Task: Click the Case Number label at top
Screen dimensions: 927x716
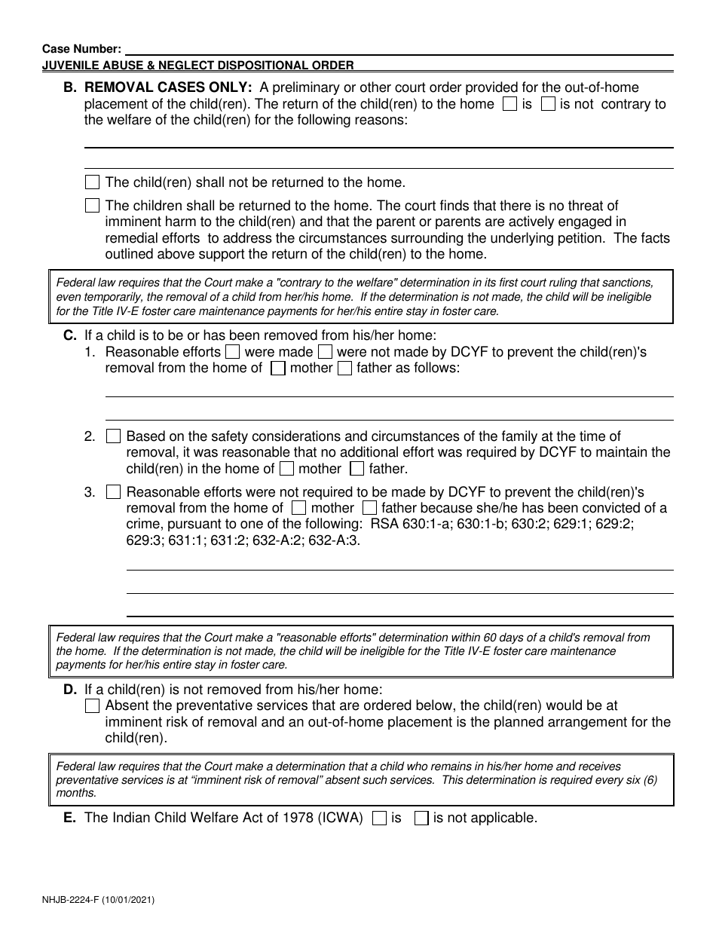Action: [x=81, y=49]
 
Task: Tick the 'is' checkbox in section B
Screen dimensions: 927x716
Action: [x=509, y=104]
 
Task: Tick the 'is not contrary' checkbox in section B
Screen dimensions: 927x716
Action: [x=549, y=104]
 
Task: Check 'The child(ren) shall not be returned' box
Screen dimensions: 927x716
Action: [x=92, y=182]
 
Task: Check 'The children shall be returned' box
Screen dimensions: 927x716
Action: [x=92, y=205]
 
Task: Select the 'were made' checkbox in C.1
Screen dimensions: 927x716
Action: [x=233, y=352]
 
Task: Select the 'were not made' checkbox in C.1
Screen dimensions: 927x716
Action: [x=325, y=352]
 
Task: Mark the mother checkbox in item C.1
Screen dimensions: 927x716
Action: [x=278, y=369]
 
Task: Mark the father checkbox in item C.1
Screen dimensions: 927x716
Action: [x=344, y=369]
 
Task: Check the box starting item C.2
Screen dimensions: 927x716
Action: [x=113, y=436]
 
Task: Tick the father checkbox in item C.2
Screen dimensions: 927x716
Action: [x=357, y=469]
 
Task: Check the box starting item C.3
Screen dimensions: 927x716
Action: [x=113, y=492]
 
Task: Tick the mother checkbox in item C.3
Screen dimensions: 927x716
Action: [x=298, y=508]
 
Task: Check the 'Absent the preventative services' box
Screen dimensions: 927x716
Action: [x=92, y=706]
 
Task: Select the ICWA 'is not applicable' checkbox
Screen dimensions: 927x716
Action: [x=422, y=818]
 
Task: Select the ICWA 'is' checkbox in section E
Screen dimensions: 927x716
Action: [x=381, y=818]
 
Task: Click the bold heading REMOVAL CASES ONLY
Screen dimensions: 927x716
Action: [x=168, y=87]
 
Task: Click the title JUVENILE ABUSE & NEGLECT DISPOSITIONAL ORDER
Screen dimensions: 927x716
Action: [x=197, y=66]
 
